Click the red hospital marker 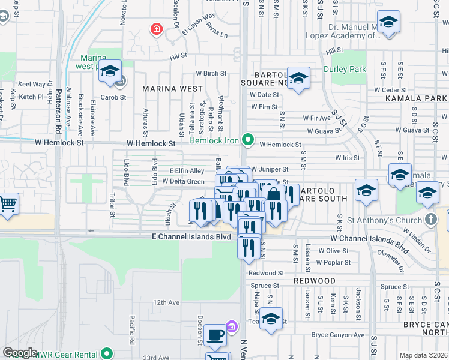[157, 28]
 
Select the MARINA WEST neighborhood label [172, 88]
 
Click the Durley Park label [345, 69]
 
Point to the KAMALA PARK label [416, 97]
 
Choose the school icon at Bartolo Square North [298, 78]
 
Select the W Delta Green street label [183, 181]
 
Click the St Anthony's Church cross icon [430, 219]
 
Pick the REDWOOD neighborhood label [315, 280]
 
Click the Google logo [20, 353]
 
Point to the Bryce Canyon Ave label [337, 335]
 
